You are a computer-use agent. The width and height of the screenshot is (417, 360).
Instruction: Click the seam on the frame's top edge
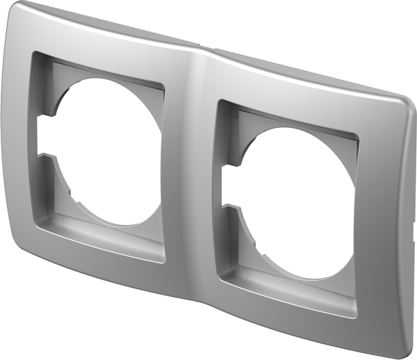[x=202, y=46]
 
